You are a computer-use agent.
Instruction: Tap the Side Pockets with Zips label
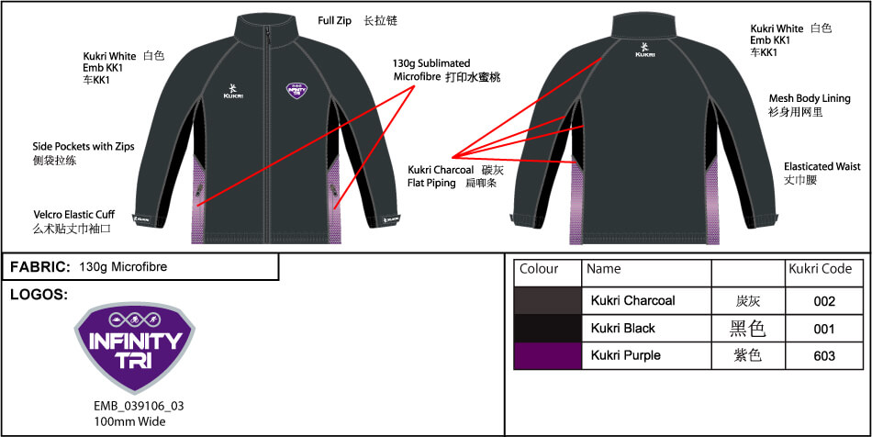point(84,151)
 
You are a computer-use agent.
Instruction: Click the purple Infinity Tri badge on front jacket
point(295,90)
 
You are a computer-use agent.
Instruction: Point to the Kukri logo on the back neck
point(644,49)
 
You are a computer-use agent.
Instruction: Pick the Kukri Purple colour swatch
point(548,355)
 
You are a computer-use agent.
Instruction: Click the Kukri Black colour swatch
point(548,328)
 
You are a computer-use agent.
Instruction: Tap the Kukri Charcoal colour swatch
point(548,300)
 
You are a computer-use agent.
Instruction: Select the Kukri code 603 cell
point(824,355)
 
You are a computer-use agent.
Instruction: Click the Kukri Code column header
point(820,269)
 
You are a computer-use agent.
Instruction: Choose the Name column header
point(603,269)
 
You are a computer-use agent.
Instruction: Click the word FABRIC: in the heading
point(39,266)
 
